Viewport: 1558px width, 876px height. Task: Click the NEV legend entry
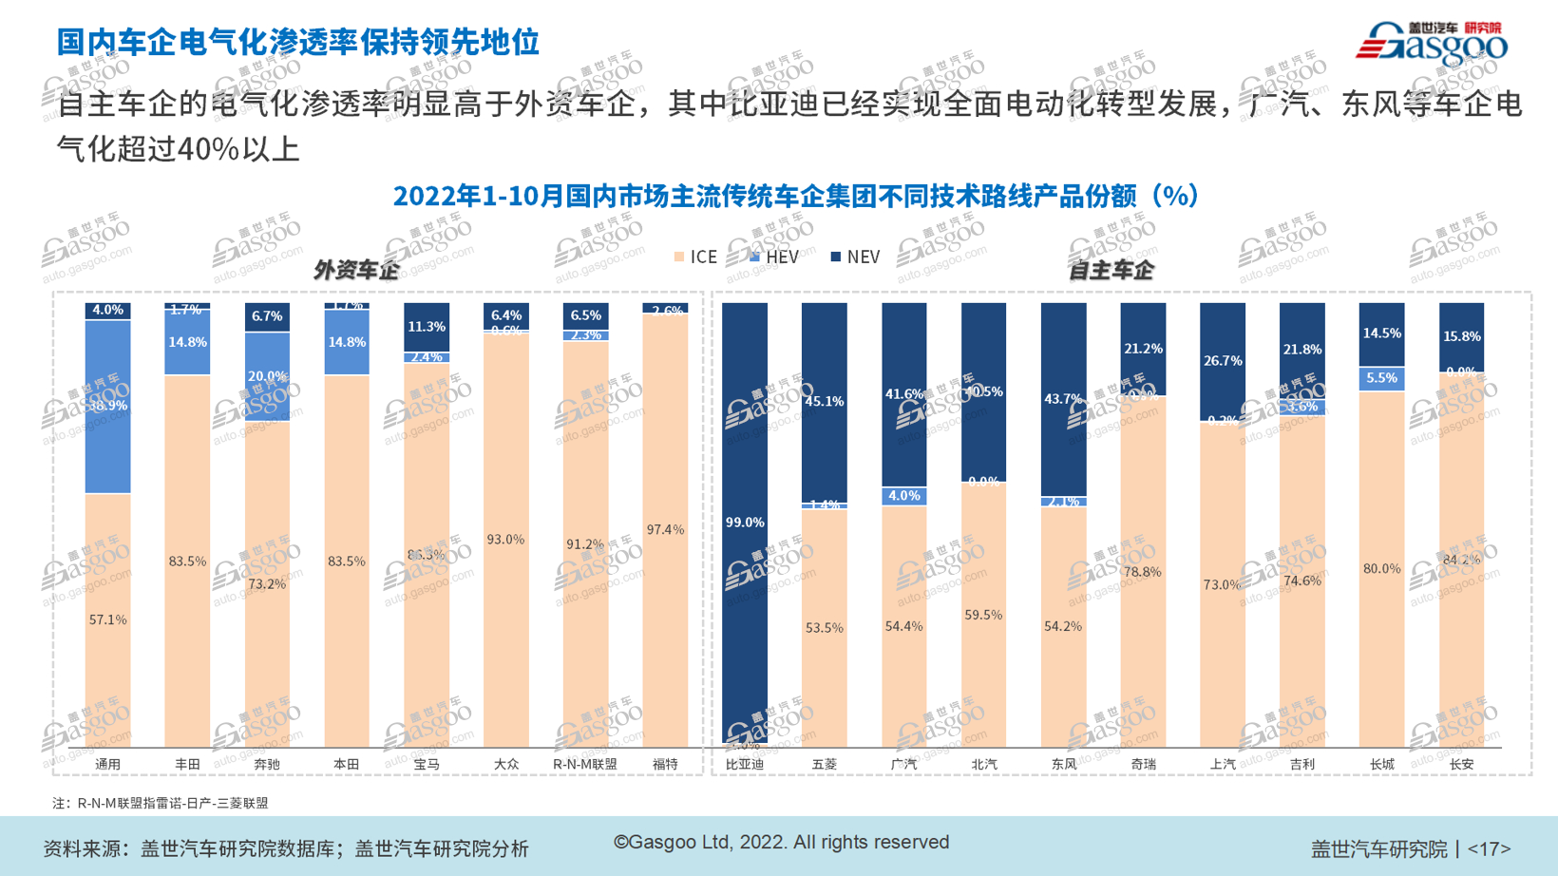tap(856, 257)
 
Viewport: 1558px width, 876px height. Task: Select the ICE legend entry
tap(695, 257)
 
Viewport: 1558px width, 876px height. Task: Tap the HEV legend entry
tap(774, 257)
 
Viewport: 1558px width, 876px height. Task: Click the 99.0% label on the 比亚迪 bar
tap(744, 523)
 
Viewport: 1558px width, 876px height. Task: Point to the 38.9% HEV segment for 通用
tap(107, 406)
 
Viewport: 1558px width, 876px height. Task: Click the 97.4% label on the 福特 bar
tap(665, 529)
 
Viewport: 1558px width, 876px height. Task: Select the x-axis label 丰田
tap(187, 764)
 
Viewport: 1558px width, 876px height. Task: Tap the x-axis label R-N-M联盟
tap(584, 764)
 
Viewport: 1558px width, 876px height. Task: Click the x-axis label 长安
tap(1461, 764)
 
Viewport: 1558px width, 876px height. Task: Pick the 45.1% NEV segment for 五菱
tap(824, 401)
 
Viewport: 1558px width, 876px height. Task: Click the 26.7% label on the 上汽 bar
tap(1223, 361)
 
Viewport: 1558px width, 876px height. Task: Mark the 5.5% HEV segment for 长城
tap(1381, 378)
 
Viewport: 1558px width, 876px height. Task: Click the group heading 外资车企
tap(356, 271)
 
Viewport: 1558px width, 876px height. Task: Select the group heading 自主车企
tap(1111, 271)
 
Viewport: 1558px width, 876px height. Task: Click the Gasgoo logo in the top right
tap(1432, 42)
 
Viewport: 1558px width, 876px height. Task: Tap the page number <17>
tap(1489, 848)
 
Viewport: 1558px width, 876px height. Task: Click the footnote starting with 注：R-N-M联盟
tap(161, 803)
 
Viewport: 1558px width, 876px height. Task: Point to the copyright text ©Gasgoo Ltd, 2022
tap(781, 842)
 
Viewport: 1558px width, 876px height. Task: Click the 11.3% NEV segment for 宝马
tap(427, 327)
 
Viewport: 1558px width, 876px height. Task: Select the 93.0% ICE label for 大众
tap(505, 539)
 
